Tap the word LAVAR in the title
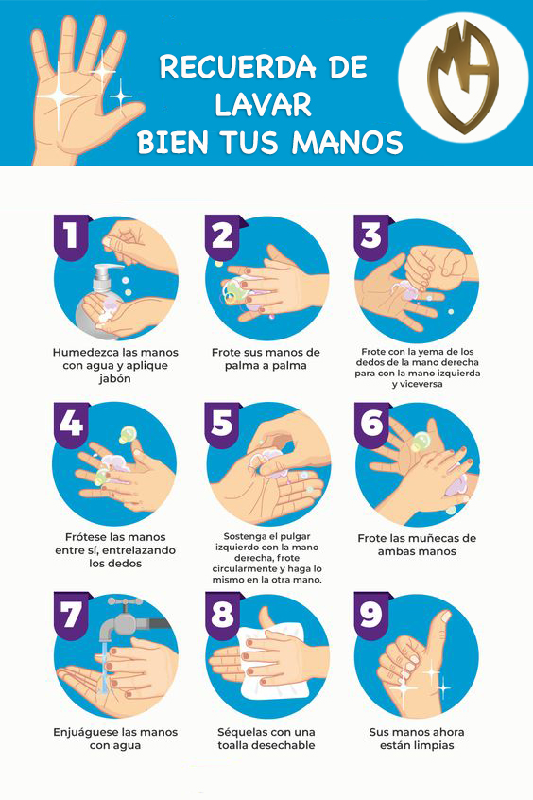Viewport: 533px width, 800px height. [263, 105]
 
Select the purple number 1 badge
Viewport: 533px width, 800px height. [71, 235]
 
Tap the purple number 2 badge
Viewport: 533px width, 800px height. [222, 235]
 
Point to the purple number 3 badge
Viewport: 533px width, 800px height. [371, 235]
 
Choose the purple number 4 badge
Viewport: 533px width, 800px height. [71, 423]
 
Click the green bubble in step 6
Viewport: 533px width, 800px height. [421, 442]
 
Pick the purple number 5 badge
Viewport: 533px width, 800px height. [222, 423]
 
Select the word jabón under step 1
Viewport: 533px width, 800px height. [115, 379]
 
